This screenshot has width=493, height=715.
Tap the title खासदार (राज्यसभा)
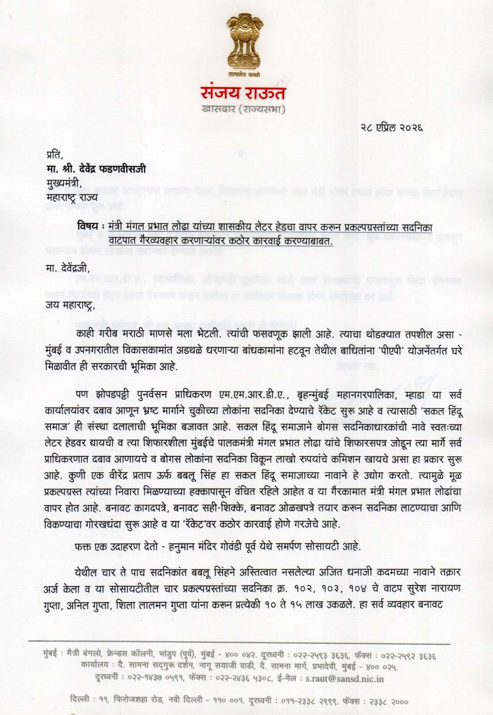[243, 109]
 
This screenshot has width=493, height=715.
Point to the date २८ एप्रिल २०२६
[392, 128]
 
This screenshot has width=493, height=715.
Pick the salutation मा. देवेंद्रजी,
[67, 268]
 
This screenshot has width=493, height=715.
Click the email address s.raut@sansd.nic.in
[344, 678]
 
